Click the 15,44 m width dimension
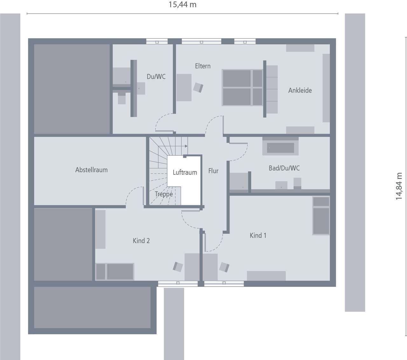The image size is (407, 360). click(x=182, y=5)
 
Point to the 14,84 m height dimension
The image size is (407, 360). click(x=399, y=186)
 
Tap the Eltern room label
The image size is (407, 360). click(x=203, y=66)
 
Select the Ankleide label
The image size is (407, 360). click(x=300, y=91)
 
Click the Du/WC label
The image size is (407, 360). click(x=156, y=77)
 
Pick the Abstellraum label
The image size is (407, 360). click(x=91, y=170)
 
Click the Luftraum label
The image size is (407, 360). click(x=185, y=173)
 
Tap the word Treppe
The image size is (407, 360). click(x=164, y=194)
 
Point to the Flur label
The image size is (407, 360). click(x=213, y=171)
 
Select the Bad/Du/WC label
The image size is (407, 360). click(x=284, y=168)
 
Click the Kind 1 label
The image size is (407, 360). click(x=258, y=235)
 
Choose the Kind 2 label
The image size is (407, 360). click(x=141, y=241)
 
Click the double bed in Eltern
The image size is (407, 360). click(x=242, y=88)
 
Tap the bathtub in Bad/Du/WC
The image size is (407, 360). click(x=280, y=147)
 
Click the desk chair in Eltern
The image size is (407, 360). click(x=198, y=87)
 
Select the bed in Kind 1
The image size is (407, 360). click(x=321, y=216)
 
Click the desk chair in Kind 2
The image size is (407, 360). click(x=178, y=267)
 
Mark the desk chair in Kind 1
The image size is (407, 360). click(x=224, y=267)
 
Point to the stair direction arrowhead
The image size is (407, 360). click(x=186, y=146)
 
